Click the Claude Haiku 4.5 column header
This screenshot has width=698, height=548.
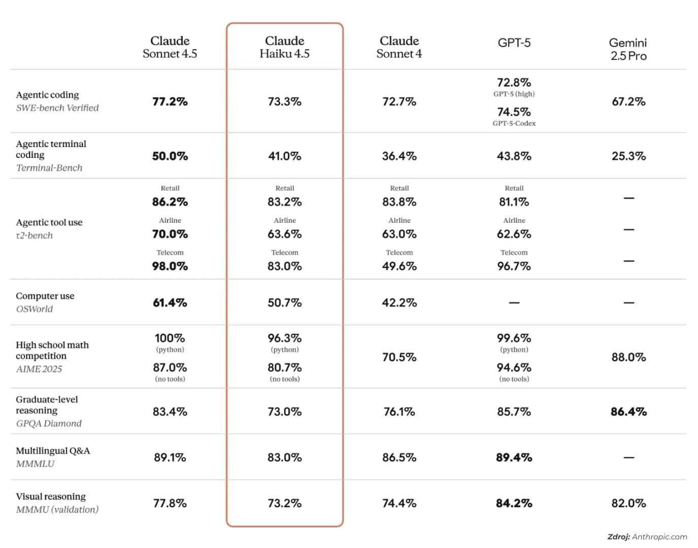pos(284,47)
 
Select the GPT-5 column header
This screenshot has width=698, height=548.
pos(514,43)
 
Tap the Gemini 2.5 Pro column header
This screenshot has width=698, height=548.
pos(628,49)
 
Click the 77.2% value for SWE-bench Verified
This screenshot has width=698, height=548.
pos(170,101)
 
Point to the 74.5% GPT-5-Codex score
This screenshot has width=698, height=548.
pos(514,112)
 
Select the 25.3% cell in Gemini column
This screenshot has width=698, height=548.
pos(628,156)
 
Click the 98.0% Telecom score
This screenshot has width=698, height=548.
pos(170,266)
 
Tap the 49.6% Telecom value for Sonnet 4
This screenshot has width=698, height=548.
pos(399,266)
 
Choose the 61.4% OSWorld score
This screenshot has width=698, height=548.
pos(170,302)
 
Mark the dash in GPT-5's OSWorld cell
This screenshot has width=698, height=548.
pos(514,302)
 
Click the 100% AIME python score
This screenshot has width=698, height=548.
pos(170,338)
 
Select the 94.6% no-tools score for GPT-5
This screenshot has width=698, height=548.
pos(514,367)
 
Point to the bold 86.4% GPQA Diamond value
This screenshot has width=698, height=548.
pos(628,412)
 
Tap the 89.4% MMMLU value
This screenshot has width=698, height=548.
pos(514,457)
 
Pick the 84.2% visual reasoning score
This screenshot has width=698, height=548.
pos(514,503)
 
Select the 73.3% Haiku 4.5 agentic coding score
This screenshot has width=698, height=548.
pos(284,101)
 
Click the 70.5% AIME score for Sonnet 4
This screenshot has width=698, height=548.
pos(399,357)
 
